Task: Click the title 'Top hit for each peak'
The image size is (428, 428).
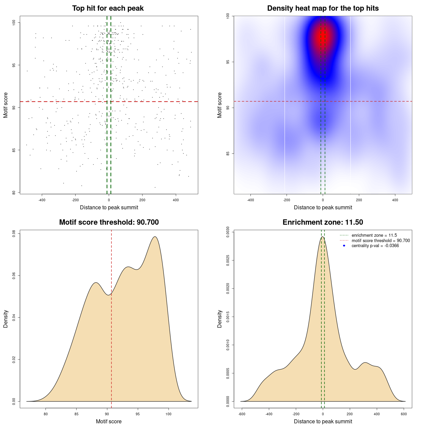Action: [x=108, y=8]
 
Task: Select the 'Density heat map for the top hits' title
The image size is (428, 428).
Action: [x=323, y=8]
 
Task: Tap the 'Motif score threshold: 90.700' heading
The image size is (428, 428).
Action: [x=109, y=222]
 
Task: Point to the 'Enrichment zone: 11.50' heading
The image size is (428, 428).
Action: [x=323, y=222]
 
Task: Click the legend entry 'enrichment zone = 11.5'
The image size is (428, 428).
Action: [x=374, y=235]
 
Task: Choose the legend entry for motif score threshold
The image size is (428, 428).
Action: [x=381, y=240]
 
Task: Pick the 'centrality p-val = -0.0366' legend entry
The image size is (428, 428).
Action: [x=375, y=246]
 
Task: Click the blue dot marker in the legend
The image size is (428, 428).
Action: [x=344, y=246]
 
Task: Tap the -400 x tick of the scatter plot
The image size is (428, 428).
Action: [x=42, y=200]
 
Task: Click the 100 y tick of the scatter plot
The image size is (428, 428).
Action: [x=14, y=22]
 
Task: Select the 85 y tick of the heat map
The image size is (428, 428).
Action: [x=228, y=153]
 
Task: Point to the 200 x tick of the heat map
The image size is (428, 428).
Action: [x=359, y=200]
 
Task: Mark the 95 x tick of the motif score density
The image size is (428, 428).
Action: [x=138, y=414]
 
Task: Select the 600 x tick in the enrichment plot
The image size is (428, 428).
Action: [x=404, y=414]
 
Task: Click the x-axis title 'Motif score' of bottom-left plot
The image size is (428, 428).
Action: [x=109, y=421]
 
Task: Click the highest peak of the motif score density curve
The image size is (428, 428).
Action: [x=155, y=237]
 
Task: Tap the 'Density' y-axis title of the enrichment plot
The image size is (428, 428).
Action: [x=220, y=319]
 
